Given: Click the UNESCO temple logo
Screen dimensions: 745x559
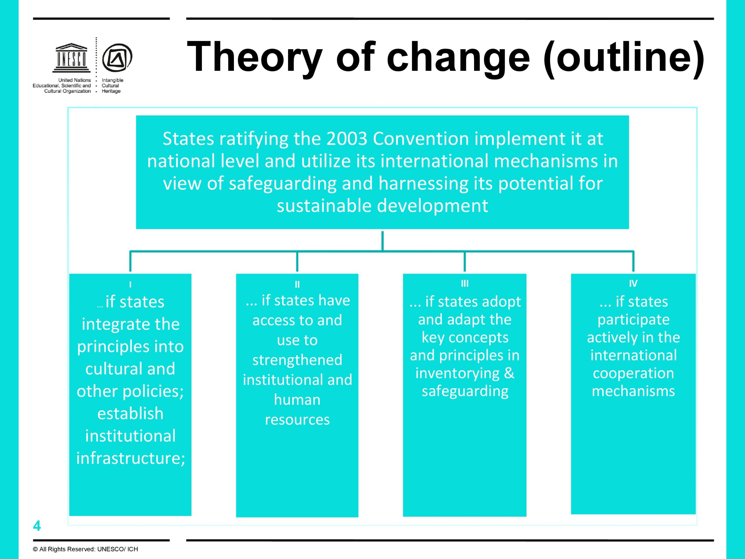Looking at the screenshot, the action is coord(71,58).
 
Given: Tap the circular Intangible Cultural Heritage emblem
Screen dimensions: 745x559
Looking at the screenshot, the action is coord(117,58).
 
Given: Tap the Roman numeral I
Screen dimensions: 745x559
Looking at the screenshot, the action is coord(130,285).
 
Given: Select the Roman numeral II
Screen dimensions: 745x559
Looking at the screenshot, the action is coord(297,285).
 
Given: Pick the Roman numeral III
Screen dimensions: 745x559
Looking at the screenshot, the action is coord(465,283).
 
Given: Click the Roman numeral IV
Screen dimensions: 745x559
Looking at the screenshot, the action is coord(633,283).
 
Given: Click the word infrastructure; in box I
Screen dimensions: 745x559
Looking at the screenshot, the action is coord(131,458).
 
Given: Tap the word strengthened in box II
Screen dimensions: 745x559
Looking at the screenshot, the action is coord(297,360).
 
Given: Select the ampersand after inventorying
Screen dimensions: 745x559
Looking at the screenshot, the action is coord(509,373).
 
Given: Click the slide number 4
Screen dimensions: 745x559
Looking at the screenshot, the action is coord(37,526).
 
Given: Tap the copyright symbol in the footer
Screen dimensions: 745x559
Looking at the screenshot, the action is coord(35,549).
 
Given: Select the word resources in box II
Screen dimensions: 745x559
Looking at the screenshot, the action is coord(297,420).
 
